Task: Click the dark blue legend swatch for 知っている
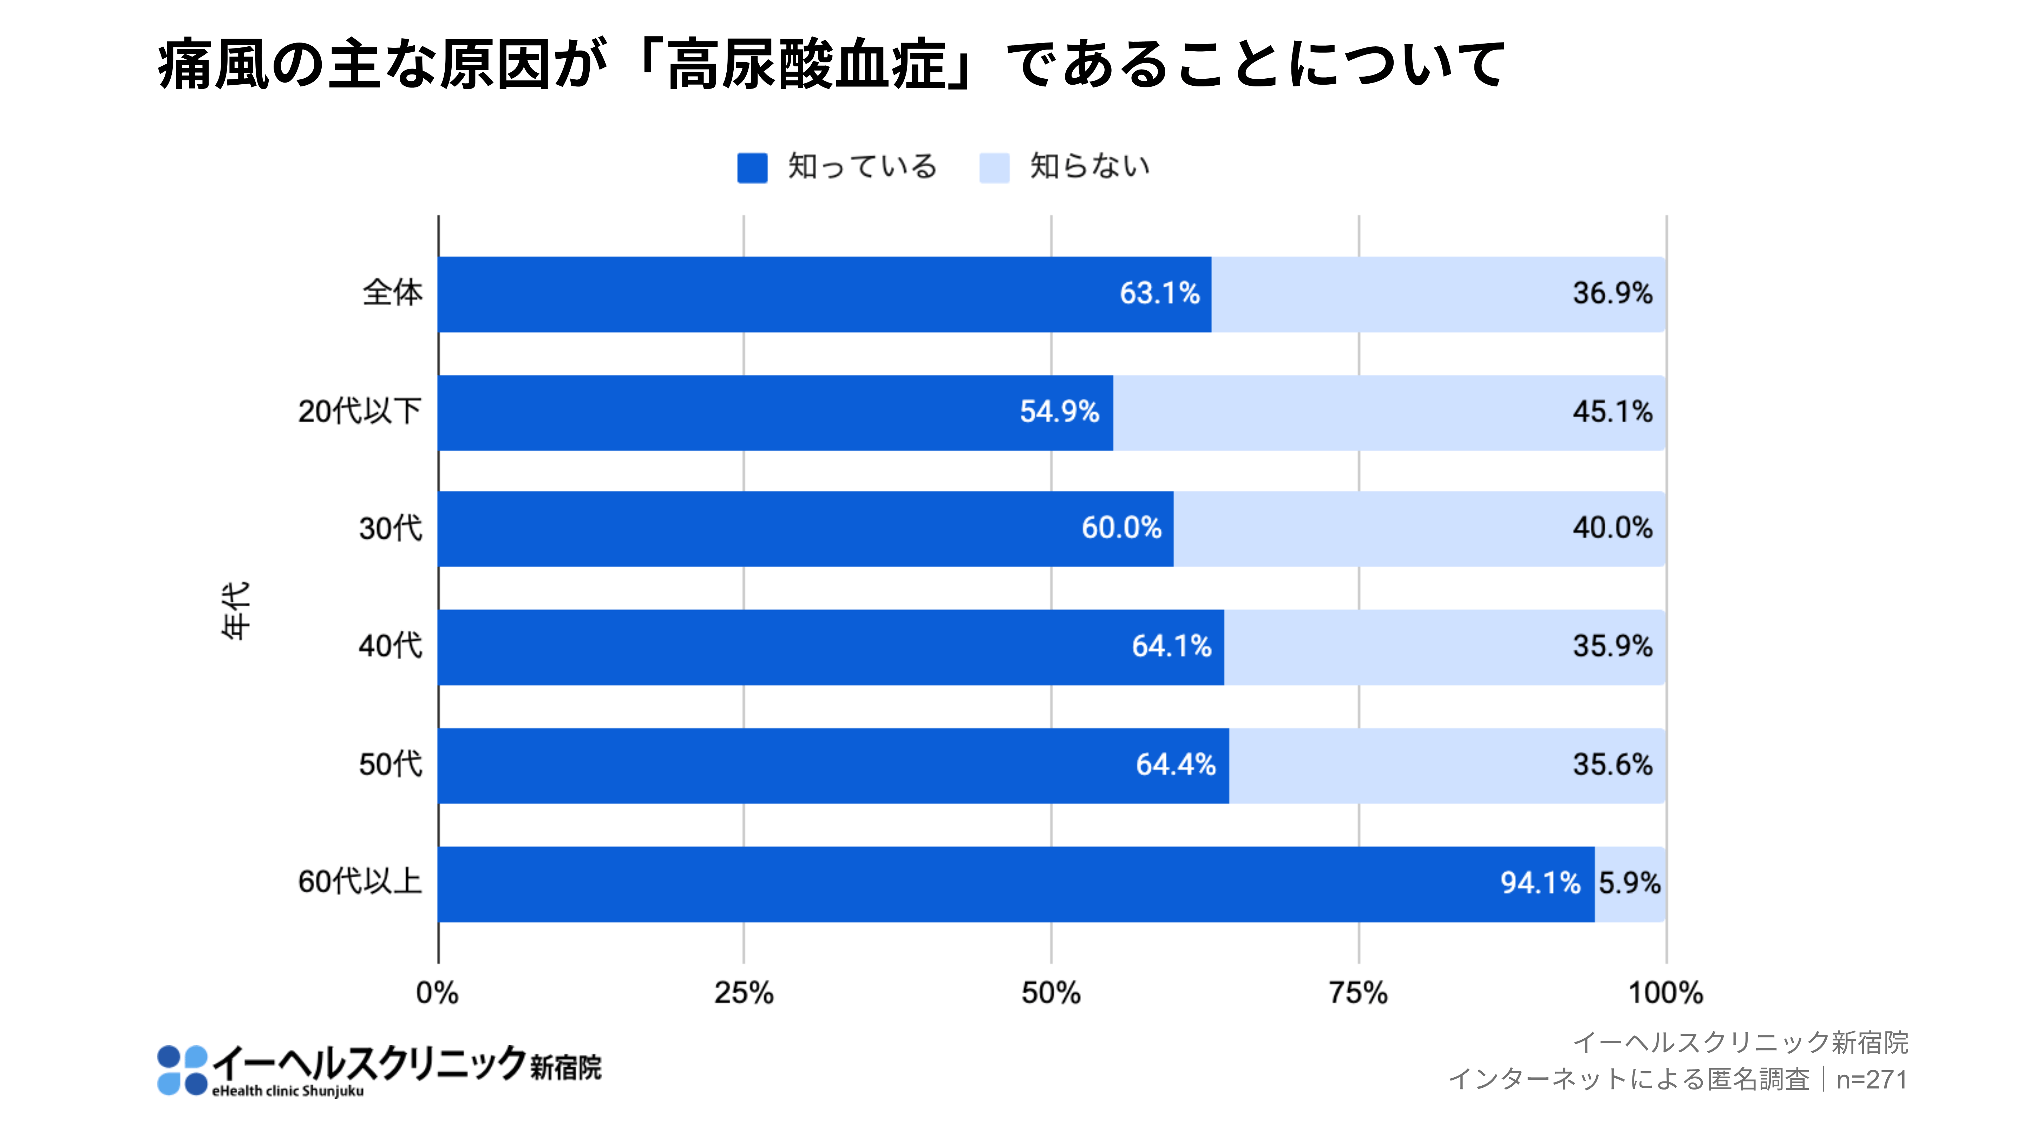coord(752,167)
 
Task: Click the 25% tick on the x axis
coord(743,994)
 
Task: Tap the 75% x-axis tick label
coord(1358,994)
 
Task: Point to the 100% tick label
coord(1665,994)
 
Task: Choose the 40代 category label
coord(390,646)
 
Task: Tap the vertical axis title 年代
coord(236,610)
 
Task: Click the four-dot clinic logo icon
coord(182,1070)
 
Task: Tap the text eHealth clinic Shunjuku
coord(287,1091)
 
